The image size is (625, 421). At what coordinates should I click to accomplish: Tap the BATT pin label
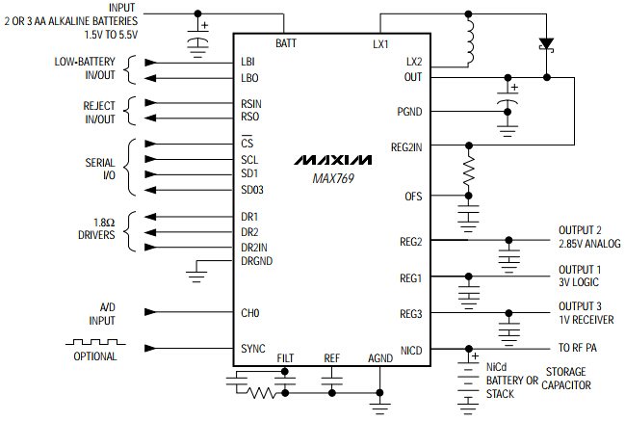[285, 44]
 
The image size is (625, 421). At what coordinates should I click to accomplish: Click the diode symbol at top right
[547, 43]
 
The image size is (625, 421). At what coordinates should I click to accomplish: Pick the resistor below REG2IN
[469, 172]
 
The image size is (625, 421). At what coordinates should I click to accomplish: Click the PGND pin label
[409, 111]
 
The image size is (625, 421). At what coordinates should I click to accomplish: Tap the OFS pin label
[412, 197]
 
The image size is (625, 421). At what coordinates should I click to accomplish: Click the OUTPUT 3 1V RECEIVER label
[586, 313]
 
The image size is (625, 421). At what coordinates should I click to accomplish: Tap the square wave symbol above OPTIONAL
[91, 342]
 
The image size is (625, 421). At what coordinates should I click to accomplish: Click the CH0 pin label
[250, 313]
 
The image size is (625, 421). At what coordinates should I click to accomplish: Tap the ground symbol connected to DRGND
[196, 276]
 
